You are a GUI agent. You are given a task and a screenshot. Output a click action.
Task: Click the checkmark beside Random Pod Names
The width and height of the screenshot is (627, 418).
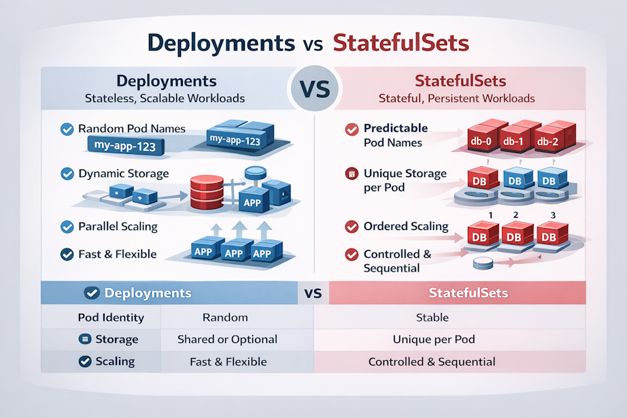(67, 129)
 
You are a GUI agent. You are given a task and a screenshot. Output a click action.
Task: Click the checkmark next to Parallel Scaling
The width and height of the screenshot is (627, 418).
(67, 227)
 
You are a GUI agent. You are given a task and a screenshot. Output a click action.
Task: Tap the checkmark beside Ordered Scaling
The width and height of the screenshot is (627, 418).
(352, 227)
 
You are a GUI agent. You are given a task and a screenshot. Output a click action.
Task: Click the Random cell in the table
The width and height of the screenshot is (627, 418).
(225, 317)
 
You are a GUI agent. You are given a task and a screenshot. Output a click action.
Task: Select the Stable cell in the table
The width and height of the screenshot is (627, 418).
(432, 317)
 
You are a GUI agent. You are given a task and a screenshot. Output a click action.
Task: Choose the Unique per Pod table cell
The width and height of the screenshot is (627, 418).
(433, 339)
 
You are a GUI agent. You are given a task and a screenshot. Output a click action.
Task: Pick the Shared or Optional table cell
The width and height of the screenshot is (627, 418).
(227, 339)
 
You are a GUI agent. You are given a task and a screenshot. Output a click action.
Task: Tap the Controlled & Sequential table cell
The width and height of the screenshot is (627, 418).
(432, 361)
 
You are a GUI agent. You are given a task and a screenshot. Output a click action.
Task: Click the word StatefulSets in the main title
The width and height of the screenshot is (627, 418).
(401, 42)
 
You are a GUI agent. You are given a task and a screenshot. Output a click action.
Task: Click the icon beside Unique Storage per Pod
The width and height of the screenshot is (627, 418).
(352, 174)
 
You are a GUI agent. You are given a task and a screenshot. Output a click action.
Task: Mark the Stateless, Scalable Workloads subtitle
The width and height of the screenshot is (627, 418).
(165, 98)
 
